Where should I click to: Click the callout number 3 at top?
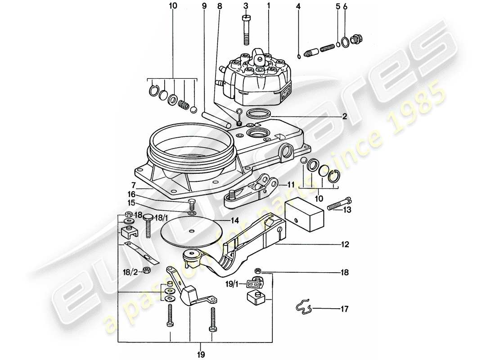tap(246, 6)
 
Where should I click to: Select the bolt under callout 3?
tap(246, 30)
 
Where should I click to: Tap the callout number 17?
tap(344, 309)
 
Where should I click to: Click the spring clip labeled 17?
tap(303, 307)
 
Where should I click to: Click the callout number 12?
tap(344, 246)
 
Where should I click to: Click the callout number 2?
tap(344, 116)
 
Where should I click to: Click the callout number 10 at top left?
tap(172, 6)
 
